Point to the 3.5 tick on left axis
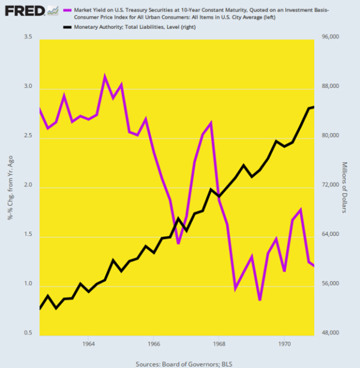pos(27,37)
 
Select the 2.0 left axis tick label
pos(27,187)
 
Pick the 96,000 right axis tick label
pos(331,37)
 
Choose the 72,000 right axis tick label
pos(331,185)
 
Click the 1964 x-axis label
pos(89,344)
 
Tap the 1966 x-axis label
pos(154,344)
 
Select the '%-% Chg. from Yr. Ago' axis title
pos(10,185)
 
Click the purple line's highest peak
pos(105,76)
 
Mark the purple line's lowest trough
pos(260,300)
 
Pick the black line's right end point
pos(313,107)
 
